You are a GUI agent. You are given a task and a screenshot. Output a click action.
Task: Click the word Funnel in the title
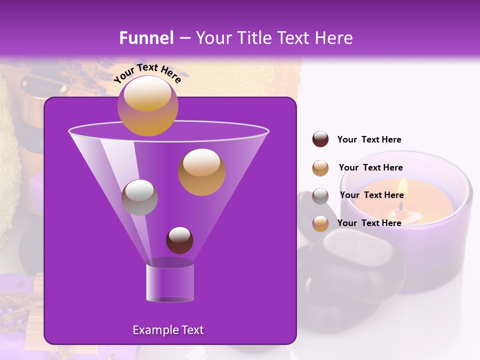click(146, 38)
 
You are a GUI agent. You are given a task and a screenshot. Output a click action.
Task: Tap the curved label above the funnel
click(147, 73)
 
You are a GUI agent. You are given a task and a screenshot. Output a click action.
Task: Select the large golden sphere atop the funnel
click(147, 105)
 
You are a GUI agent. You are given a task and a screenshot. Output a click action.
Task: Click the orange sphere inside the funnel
click(201, 171)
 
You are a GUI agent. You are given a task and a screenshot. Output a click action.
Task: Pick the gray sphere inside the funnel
click(139, 197)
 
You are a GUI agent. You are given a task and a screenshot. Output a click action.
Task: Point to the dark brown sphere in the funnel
click(179, 240)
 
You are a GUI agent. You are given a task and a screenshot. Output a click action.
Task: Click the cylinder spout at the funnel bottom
click(169, 282)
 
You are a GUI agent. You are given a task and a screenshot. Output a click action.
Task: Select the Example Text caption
click(168, 330)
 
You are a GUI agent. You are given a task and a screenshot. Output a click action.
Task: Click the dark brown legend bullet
click(320, 139)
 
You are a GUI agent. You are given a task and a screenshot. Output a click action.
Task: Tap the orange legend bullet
click(320, 168)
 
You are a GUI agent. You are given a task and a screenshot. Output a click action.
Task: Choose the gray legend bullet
click(320, 196)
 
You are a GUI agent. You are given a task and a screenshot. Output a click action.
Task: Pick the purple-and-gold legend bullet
click(320, 223)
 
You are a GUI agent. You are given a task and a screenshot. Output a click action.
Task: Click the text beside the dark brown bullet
click(369, 139)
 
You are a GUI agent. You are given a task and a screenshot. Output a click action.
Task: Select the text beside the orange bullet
click(370, 167)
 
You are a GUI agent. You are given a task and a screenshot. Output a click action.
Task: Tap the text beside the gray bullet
click(371, 195)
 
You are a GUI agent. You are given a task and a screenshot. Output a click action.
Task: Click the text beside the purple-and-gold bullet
click(369, 223)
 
